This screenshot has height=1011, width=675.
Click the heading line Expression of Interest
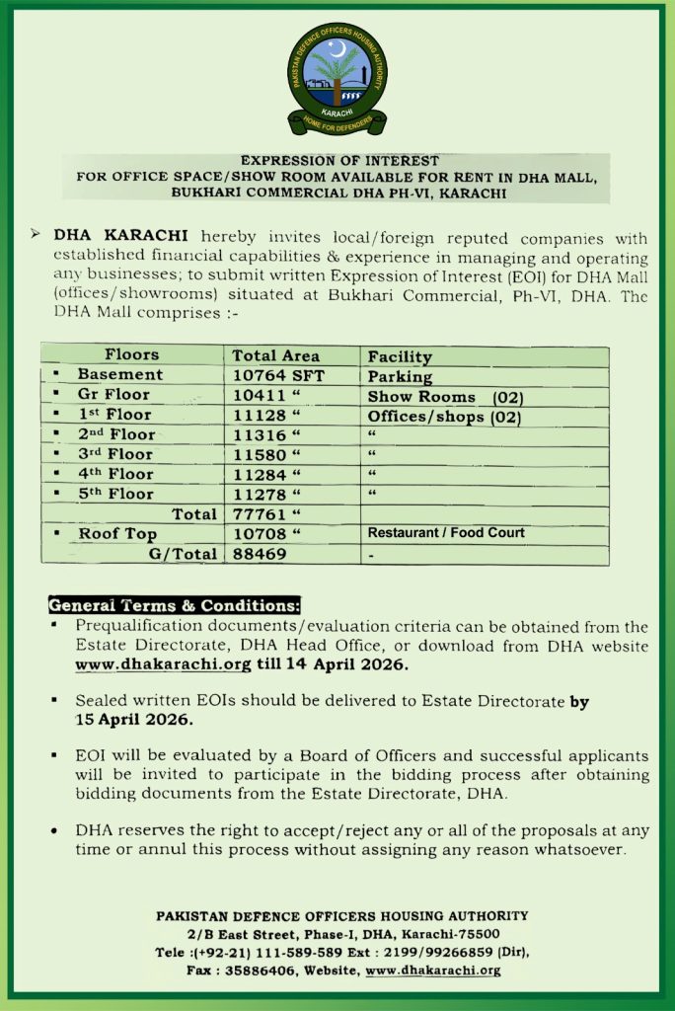pyautogui.click(x=340, y=159)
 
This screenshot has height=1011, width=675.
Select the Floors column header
pyautogui.click(x=131, y=354)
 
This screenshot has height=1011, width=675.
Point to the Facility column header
pyautogui.click(x=400, y=356)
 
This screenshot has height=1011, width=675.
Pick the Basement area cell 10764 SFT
pyautogui.click(x=278, y=375)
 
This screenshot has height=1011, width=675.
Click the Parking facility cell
pyautogui.click(x=400, y=376)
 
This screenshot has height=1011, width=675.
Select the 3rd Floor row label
pyautogui.click(x=115, y=454)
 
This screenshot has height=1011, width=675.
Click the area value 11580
pyautogui.click(x=261, y=454)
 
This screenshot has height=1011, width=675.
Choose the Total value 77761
pyautogui.click(x=261, y=513)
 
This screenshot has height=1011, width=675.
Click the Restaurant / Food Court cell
pyautogui.click(x=446, y=533)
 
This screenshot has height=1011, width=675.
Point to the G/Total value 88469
pyautogui.click(x=260, y=554)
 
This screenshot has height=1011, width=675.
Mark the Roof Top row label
pyautogui.click(x=117, y=534)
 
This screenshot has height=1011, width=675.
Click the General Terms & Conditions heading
pyautogui.click(x=174, y=605)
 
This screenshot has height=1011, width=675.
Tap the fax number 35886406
pyautogui.click(x=263, y=970)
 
